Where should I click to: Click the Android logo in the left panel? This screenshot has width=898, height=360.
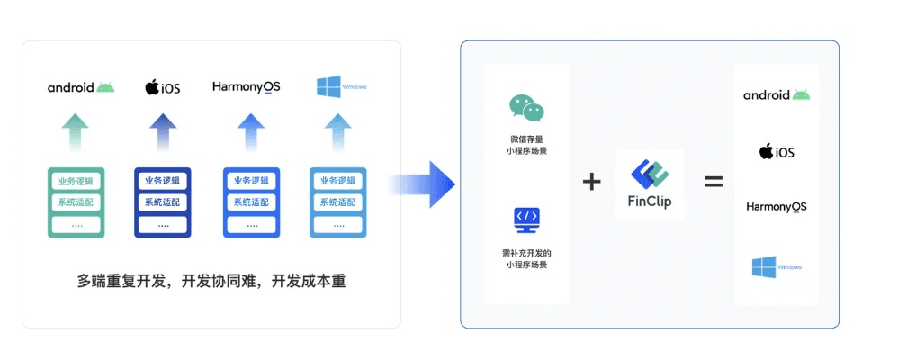81,87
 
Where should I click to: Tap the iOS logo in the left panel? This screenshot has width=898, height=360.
163,87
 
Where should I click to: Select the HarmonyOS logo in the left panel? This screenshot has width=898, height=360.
246,86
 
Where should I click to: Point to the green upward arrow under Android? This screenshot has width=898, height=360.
76,132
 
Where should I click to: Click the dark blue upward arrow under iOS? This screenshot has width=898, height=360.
163,132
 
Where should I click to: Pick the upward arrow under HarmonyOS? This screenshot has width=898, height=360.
251,132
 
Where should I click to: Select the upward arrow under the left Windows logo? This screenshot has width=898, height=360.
338,132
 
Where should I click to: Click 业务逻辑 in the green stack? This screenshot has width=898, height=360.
76,181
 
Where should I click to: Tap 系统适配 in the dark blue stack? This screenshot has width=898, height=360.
163,202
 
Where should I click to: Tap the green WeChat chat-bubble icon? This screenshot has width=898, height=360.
526,109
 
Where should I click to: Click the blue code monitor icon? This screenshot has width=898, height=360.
526,219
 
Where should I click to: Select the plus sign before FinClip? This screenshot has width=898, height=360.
591,181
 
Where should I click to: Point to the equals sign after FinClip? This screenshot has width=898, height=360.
714,181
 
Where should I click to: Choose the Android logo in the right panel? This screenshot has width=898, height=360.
777,95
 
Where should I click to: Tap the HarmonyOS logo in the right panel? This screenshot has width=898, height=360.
777,207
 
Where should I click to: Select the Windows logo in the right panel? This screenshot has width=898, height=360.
776,267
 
